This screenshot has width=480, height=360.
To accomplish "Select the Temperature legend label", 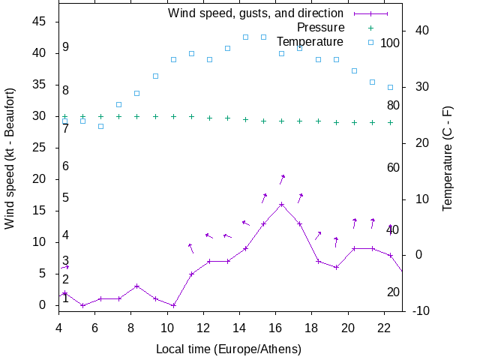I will [310, 42].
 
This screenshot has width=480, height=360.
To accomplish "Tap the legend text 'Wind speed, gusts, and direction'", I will [255, 13].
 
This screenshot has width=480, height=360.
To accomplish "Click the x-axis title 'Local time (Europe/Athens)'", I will [229, 349].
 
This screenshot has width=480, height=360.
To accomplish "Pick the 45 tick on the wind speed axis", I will [41, 22].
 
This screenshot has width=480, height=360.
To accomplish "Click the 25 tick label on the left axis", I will [41, 148].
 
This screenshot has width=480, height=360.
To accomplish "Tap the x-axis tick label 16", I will [275, 328].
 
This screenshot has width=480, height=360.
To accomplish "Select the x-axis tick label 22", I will [384, 328].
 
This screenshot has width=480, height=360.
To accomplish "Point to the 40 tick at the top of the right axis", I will [421, 31].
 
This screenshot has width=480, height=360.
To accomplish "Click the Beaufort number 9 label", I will [66, 47].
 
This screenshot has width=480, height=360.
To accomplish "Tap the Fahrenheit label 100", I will [390, 43].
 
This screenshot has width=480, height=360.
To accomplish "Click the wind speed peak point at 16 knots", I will [281, 204].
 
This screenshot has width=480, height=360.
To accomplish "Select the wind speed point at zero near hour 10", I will [173, 305].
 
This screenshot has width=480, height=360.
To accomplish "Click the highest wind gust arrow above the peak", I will [282, 178].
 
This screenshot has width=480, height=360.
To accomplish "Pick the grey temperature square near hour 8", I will [136, 93].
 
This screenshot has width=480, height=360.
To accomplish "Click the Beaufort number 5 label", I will [66, 198].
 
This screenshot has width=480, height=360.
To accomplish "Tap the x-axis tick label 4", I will [58, 328].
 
